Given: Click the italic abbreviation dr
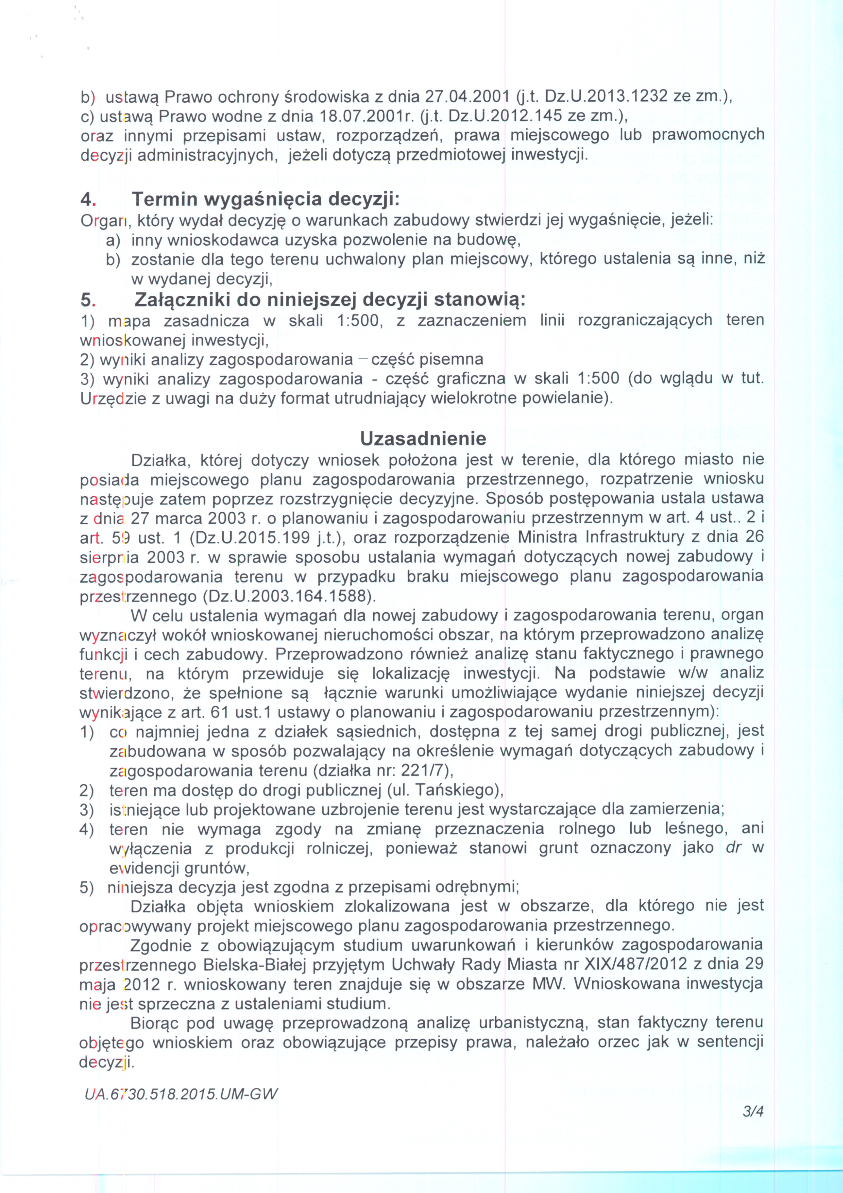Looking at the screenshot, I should tap(733, 848).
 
